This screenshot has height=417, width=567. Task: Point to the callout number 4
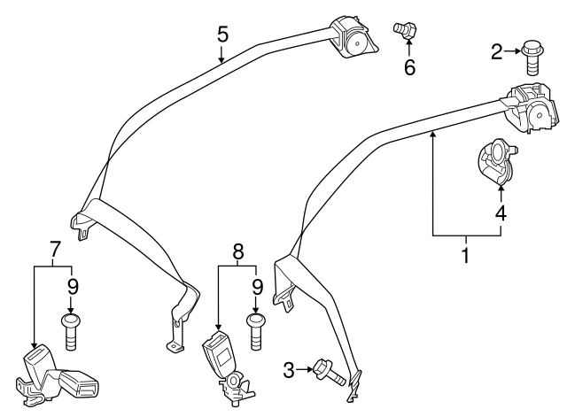[501, 213]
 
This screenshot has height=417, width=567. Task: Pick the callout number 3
[289, 368]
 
